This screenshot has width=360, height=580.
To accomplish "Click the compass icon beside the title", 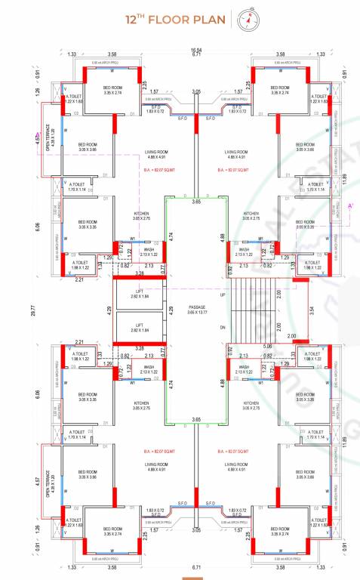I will coord(246,20).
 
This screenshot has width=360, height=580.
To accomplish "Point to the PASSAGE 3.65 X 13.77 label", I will coord(197,309).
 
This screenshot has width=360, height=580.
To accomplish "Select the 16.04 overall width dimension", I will coord(195,49).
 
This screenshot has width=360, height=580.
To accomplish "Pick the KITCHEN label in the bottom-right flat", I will coord(251,406).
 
